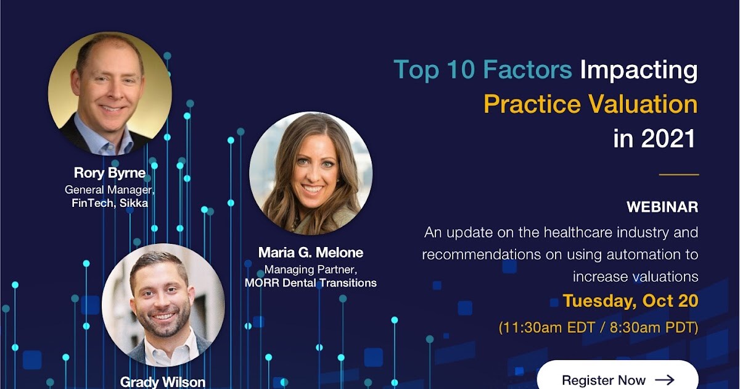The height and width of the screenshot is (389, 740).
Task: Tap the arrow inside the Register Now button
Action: tap(664, 380)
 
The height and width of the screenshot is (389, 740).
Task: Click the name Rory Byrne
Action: tap(110, 173)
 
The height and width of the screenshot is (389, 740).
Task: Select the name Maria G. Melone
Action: tap(311, 253)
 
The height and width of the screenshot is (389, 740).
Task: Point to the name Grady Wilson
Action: tap(163, 382)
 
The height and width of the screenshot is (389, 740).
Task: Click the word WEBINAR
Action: tap(662, 207)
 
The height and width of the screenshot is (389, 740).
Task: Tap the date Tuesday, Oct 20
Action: tap(630, 301)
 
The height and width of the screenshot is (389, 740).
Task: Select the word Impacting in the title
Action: tap(639, 71)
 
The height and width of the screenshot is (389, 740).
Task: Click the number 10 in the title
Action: tap(460, 69)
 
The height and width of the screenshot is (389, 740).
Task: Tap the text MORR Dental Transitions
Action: tap(311, 283)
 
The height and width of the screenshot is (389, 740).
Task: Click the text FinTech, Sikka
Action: tap(110, 203)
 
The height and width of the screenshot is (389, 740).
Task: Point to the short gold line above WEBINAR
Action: tap(679, 174)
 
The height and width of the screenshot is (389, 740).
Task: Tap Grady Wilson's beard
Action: tap(163, 322)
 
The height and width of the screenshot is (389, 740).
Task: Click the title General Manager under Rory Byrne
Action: tap(110, 190)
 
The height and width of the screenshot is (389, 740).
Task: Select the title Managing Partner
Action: tap(311, 270)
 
